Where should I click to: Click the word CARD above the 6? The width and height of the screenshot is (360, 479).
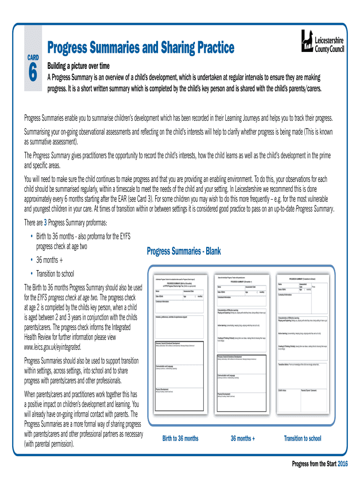32,58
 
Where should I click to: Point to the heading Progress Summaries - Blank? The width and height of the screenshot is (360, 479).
184,252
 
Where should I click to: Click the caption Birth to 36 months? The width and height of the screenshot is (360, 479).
180,438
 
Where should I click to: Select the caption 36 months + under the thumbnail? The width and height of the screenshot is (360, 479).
243,438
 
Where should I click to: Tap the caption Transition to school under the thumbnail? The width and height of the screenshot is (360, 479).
302,438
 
